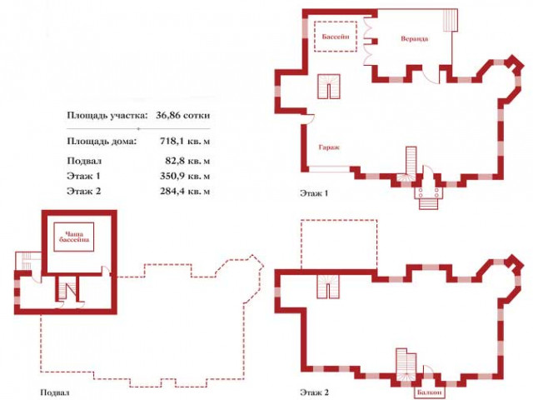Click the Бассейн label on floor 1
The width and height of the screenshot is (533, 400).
click(336, 37)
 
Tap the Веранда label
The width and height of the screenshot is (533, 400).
click(415, 38)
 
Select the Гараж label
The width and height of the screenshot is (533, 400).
click(329, 147)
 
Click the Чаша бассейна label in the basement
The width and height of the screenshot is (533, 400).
click(74, 237)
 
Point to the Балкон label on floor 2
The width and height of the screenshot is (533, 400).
click(430, 392)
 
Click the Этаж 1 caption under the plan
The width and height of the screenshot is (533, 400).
click(314, 193)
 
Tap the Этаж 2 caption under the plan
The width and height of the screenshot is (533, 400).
click(314, 392)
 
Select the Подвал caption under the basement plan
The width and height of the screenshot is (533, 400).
click(55, 392)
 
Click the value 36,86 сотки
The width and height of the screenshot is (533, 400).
click(183, 115)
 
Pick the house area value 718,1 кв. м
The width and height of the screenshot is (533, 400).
click(185, 141)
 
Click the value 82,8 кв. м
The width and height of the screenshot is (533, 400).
click(187, 161)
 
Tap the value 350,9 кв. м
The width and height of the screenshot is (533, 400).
click(185, 176)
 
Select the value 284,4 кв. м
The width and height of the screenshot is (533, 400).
click(185, 191)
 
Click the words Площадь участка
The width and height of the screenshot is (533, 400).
click(107, 116)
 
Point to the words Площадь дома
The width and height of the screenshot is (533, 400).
click(102, 141)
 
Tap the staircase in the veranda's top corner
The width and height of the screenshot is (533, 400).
click(451, 20)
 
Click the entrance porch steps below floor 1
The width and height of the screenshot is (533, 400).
click(429, 203)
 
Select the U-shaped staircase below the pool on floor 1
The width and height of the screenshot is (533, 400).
click(329, 87)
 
